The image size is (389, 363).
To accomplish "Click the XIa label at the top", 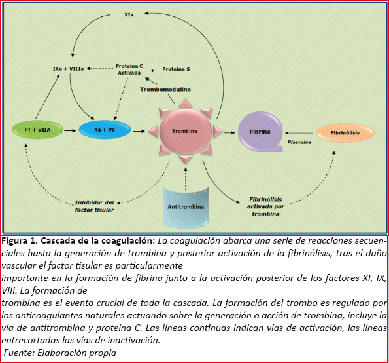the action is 129,15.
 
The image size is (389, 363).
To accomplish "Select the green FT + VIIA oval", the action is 38,130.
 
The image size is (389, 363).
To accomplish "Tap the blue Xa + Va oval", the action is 105,130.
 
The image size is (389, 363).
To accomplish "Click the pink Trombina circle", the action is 185,131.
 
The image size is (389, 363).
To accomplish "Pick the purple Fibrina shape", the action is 260,132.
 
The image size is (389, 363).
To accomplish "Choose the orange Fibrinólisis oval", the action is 345,133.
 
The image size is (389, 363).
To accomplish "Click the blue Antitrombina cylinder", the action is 186,207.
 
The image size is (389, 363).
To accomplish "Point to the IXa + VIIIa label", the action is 68,69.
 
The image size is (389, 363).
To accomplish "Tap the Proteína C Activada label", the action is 129,69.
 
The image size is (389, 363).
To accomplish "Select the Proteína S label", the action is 176,69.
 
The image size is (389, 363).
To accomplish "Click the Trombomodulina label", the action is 165,90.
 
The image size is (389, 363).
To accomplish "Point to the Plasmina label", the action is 299,142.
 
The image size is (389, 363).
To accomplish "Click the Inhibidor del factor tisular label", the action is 95,206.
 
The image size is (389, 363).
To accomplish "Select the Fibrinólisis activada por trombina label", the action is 265,206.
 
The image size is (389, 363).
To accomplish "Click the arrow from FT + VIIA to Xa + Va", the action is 70,130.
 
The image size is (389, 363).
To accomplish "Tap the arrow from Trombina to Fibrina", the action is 229,133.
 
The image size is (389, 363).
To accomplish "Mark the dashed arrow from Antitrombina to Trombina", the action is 186,179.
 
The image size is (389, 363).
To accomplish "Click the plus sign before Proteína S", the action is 153,71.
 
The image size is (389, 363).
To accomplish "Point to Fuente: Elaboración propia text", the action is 59,353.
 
